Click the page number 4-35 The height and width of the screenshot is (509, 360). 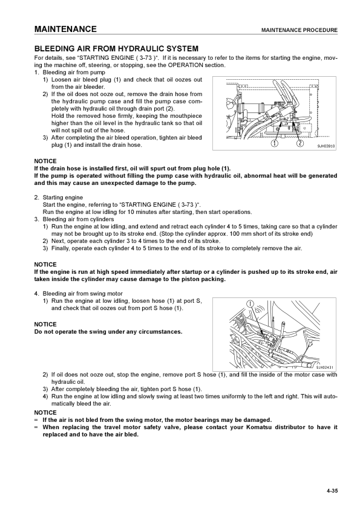point(332,491)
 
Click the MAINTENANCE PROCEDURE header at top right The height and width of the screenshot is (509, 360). point(299,30)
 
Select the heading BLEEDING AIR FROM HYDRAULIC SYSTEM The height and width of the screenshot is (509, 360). point(116,49)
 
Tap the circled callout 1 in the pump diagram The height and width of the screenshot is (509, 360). point(275,143)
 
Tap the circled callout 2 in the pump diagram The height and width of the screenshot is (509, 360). point(300,143)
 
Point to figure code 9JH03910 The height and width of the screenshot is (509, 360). point(326,146)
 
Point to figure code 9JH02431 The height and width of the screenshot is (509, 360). point(324,368)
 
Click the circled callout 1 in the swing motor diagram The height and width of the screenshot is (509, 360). point(250,304)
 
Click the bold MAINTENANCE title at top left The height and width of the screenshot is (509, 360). point(65,29)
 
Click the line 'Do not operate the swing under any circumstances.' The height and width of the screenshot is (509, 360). point(108,332)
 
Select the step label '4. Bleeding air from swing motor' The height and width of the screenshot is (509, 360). point(79,294)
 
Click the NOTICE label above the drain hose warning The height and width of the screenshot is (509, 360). point(45,161)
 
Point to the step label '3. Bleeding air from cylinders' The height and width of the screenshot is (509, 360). point(74,219)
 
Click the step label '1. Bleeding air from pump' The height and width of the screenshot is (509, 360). point(70,73)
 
